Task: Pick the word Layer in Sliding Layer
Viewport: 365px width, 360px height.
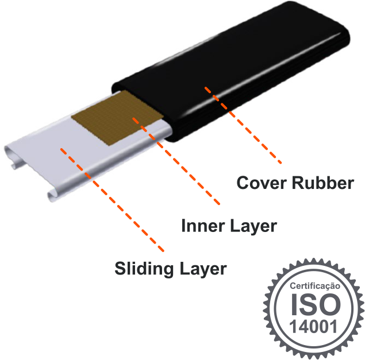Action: click(201, 269)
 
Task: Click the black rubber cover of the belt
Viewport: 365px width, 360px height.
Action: click(241, 75)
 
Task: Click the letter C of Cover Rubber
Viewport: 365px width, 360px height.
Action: click(243, 183)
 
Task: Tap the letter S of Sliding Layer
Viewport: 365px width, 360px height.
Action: click(120, 268)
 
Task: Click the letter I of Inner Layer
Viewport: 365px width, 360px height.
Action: click(184, 226)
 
